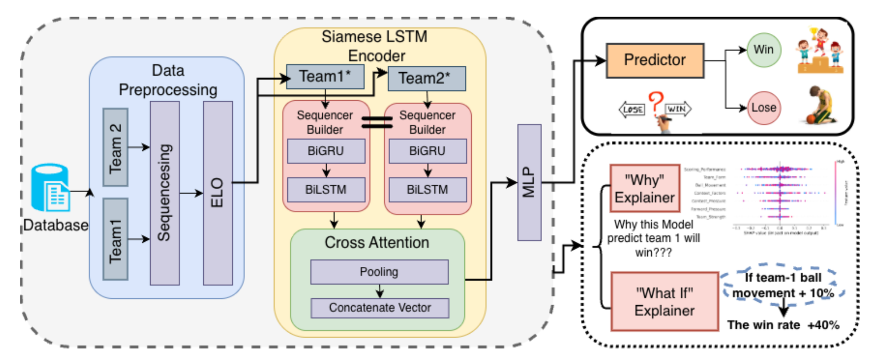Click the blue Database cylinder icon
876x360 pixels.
point(49,187)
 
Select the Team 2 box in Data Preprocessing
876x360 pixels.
point(115,147)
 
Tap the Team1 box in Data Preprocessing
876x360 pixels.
point(115,239)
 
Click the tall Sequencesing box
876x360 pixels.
point(165,193)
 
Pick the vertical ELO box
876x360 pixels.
point(218,193)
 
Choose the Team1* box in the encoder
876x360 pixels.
point(325,77)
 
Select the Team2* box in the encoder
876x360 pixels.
point(427,78)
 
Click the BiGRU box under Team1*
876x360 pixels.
point(326,151)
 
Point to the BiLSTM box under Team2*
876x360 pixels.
point(427,190)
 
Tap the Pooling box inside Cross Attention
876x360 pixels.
point(379,272)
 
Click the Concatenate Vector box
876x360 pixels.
point(380,308)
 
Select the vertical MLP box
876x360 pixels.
point(529,182)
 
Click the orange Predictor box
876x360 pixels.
point(655,60)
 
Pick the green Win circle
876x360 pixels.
point(763,50)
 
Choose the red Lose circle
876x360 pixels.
point(763,108)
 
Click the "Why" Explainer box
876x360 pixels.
point(645,188)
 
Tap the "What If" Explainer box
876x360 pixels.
point(664,301)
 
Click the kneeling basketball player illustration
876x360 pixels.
point(819,105)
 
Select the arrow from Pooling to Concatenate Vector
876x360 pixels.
point(380,291)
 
